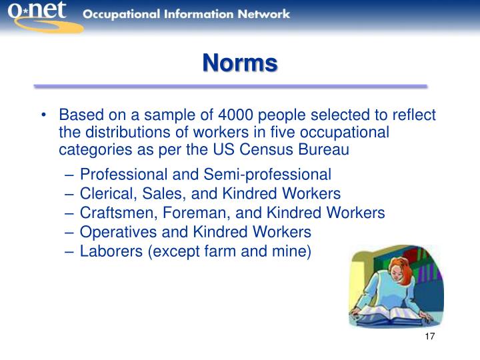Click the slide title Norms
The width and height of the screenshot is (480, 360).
click(x=240, y=63)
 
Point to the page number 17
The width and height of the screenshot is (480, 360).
click(x=429, y=336)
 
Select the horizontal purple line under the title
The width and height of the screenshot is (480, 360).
click(x=230, y=87)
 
